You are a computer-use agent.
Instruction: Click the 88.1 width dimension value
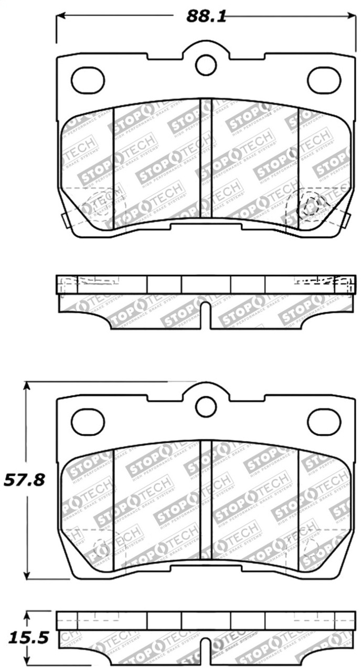(x=206, y=16)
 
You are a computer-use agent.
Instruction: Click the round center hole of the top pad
(x=206, y=65)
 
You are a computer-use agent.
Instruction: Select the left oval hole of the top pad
(x=88, y=80)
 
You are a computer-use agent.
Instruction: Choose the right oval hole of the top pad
(x=324, y=80)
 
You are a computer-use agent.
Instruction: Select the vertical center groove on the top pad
(x=206, y=157)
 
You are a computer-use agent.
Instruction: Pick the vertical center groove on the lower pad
(x=206, y=499)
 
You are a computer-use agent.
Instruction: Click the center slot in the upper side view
(x=206, y=314)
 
